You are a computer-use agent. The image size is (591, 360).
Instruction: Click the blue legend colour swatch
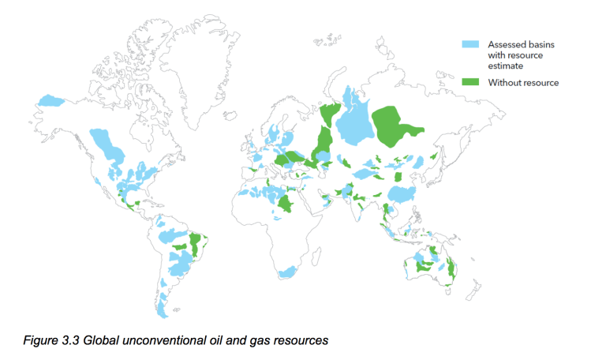[x=471, y=43]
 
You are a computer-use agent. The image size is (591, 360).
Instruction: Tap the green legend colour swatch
[x=471, y=82]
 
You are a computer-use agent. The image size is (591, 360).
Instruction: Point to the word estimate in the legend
[x=505, y=66]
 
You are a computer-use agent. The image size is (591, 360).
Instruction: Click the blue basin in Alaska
[x=51, y=100]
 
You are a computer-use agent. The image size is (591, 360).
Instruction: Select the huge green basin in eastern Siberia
[x=402, y=126]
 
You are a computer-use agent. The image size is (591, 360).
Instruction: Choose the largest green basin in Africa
[x=289, y=205]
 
